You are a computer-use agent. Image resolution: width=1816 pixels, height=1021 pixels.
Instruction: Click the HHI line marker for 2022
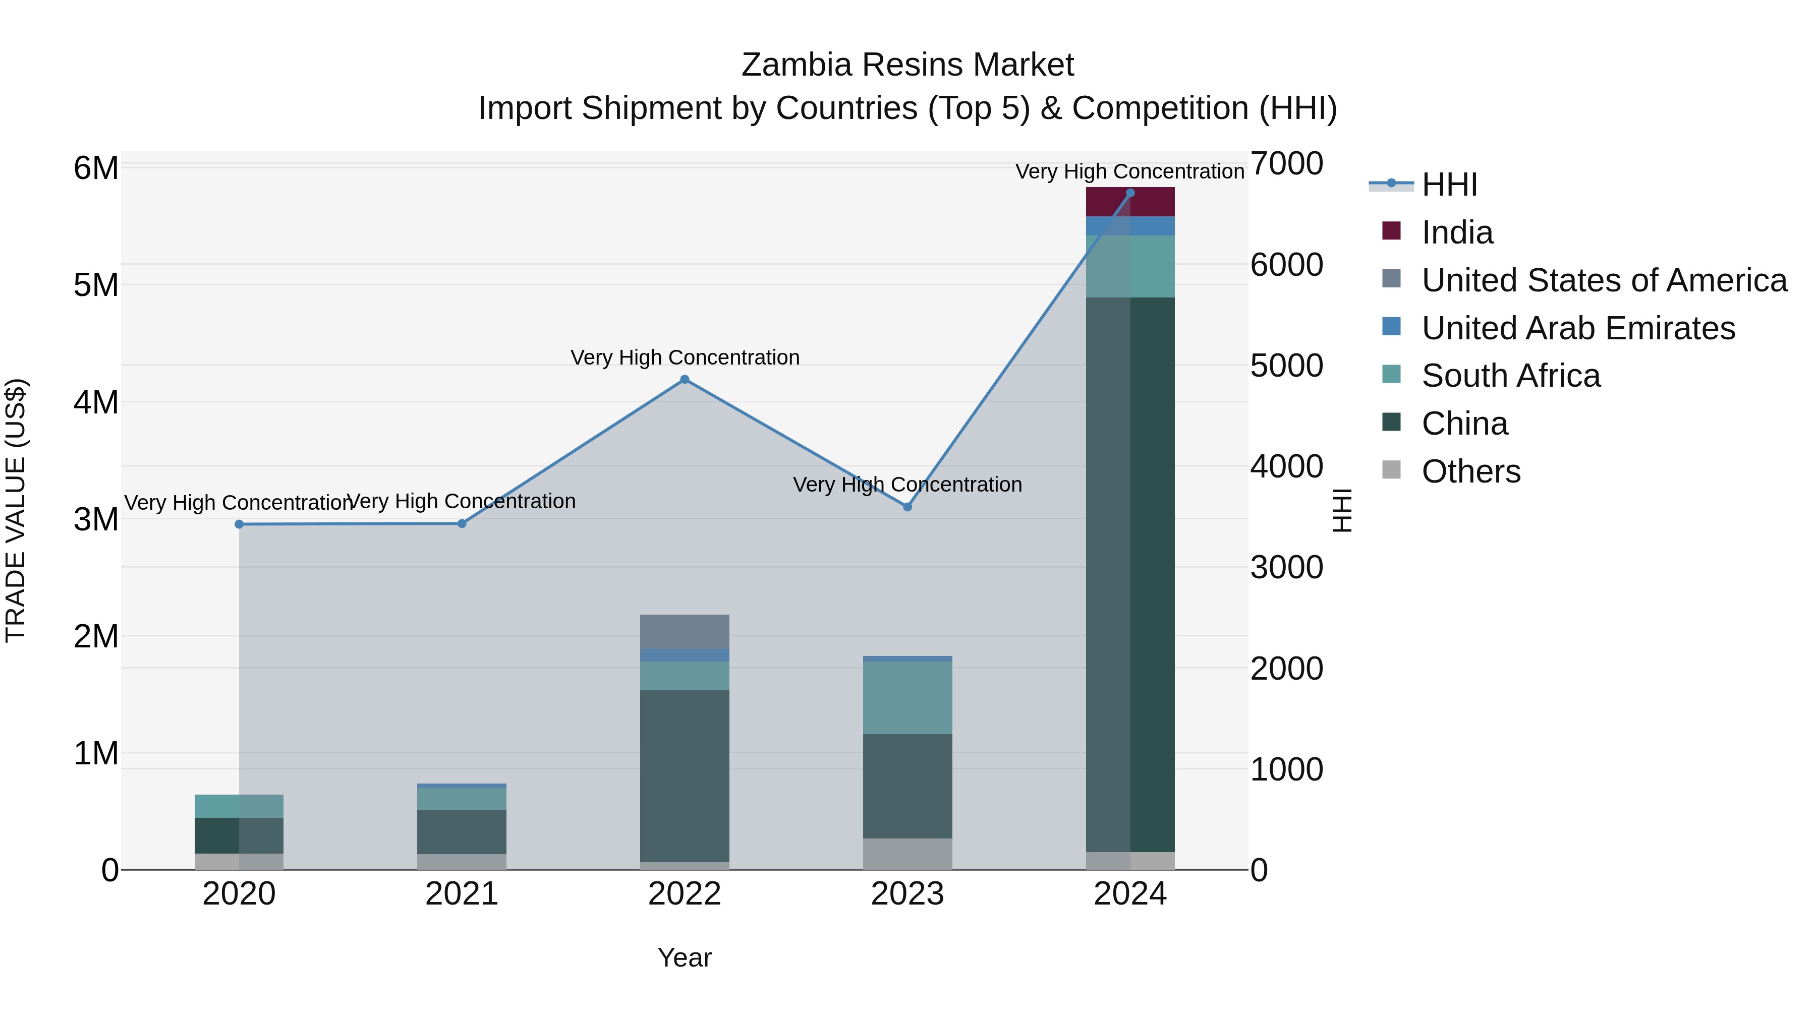tap(685, 380)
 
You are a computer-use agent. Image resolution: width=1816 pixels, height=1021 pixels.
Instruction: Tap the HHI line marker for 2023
tap(907, 507)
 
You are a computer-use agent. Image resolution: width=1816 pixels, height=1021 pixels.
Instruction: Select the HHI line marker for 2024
tap(1130, 193)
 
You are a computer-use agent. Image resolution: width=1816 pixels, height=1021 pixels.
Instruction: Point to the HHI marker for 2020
tap(239, 524)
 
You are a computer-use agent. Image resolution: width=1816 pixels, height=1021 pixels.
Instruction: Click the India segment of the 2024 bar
tap(1130, 202)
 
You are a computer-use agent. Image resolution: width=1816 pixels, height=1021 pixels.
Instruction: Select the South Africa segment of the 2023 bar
tap(907, 698)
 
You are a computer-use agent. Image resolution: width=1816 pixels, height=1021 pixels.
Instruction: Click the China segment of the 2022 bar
tap(685, 775)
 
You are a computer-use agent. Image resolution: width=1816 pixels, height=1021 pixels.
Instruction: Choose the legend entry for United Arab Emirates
tap(1578, 328)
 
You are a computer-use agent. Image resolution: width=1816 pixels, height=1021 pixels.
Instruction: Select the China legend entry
tap(1464, 424)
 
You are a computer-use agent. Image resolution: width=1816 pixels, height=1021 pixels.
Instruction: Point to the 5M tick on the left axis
tap(96, 285)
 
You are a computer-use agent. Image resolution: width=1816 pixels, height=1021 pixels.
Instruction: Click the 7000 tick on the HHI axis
tap(1286, 164)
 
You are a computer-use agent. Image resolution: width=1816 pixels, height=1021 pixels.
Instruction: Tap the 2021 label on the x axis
tap(462, 894)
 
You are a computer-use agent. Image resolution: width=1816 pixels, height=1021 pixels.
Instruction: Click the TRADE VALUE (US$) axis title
tap(16, 510)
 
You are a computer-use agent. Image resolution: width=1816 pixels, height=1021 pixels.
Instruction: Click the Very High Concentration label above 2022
tap(685, 358)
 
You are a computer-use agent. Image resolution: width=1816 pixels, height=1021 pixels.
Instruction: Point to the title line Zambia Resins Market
tap(907, 65)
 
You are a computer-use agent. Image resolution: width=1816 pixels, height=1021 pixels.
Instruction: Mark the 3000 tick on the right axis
tap(1286, 568)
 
